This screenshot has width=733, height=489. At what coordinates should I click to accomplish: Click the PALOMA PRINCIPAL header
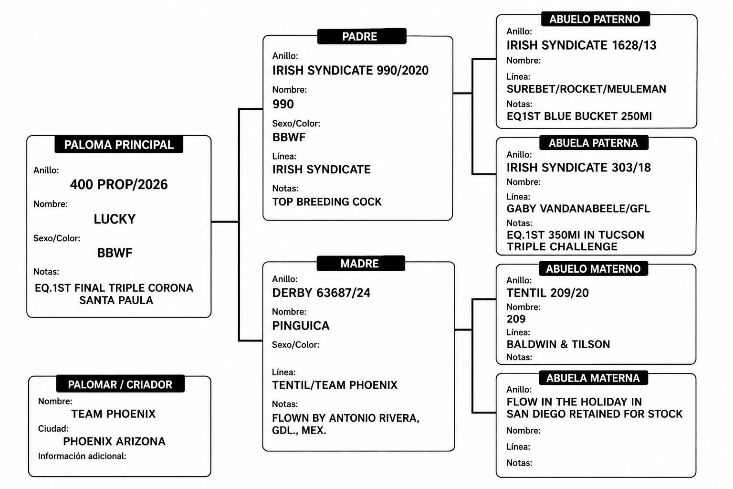click(119, 144)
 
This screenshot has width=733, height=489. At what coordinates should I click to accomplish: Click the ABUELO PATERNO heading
click(595, 19)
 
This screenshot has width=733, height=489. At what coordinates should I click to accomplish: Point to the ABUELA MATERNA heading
click(593, 378)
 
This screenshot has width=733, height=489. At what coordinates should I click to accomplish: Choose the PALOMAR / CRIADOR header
click(120, 384)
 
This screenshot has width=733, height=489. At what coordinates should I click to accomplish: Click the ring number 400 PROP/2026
click(119, 184)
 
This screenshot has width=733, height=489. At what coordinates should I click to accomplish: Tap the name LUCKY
click(115, 219)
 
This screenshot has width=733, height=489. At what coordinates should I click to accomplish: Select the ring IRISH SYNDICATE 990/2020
click(350, 70)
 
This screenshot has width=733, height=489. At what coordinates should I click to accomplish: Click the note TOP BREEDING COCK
click(327, 202)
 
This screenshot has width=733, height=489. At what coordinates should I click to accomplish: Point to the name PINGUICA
click(301, 326)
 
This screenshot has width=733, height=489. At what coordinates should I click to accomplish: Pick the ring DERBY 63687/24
click(321, 292)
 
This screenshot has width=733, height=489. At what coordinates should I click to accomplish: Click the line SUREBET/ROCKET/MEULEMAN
click(586, 89)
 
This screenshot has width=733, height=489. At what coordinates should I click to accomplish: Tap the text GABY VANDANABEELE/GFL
click(578, 208)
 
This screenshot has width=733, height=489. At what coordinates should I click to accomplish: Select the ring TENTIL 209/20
click(547, 292)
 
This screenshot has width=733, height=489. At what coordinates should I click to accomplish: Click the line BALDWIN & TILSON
click(558, 344)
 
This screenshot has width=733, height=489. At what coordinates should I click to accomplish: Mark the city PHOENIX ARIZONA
click(114, 441)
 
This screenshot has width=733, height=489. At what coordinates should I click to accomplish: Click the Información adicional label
click(82, 456)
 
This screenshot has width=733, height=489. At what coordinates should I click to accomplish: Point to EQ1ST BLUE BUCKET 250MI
click(579, 116)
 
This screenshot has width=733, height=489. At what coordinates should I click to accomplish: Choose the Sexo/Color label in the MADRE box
click(295, 345)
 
